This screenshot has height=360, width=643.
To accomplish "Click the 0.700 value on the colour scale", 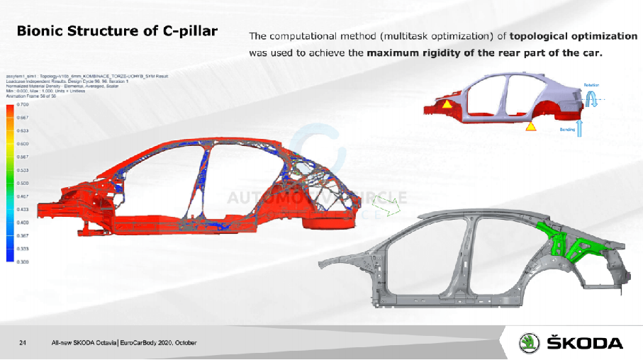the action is point(22,104).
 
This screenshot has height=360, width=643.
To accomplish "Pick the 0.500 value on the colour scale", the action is point(22,183).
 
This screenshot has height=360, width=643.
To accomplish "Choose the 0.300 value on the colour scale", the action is point(22,261).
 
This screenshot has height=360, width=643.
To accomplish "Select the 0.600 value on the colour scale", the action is point(22,144).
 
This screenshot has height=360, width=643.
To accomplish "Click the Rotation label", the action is point(591,85).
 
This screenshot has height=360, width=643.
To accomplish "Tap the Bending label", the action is point(567,130).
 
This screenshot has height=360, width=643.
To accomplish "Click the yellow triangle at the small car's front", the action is point(447,104).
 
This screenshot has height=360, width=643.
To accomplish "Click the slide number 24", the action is point(23,343).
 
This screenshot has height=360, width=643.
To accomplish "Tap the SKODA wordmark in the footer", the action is point(586,343).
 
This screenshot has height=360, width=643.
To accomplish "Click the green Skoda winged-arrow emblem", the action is point(529,342).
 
